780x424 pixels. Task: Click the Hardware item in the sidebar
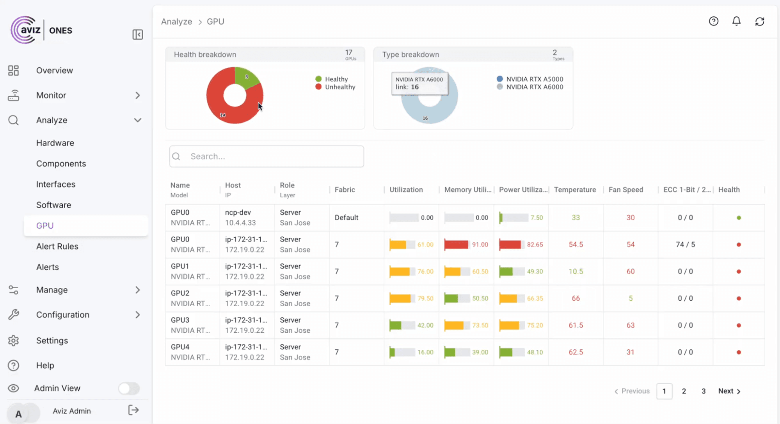55,143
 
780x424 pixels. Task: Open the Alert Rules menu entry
57,246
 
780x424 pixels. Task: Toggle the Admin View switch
129,388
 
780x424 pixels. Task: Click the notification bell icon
736,21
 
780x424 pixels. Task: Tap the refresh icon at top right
759,21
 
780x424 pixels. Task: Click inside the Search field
273,156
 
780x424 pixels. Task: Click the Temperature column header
575,190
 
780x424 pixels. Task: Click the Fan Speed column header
625,190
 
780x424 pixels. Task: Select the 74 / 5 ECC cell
685,245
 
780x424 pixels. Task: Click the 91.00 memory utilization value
480,245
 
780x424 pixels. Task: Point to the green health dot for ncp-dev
739,218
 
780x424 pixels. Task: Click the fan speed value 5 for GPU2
630,298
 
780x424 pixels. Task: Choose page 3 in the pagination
703,391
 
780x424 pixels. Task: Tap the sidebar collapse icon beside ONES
137,34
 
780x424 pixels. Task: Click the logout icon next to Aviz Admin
133,410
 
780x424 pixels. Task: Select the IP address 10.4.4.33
240,223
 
